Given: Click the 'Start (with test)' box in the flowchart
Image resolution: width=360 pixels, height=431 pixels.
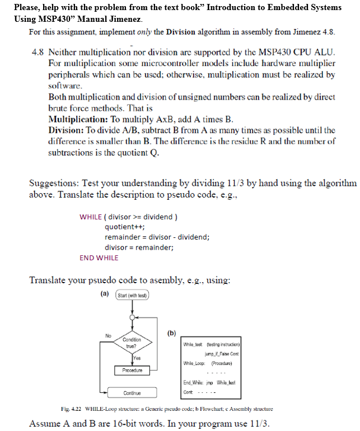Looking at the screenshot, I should (x=132, y=295).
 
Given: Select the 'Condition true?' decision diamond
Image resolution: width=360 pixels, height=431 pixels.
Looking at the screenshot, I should (x=132, y=342).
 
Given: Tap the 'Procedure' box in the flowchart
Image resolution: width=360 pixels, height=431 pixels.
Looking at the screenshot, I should (x=132, y=371).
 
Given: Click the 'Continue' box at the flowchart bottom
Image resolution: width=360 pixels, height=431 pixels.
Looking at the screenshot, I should (x=132, y=393).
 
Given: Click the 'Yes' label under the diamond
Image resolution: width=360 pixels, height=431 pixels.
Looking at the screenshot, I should (x=136, y=357).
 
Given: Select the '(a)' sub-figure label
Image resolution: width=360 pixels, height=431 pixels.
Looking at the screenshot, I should (x=104, y=293).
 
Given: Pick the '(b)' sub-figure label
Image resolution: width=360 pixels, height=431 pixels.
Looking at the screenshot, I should (x=172, y=334).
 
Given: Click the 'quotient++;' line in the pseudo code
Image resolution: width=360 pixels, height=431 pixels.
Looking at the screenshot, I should (x=125, y=227).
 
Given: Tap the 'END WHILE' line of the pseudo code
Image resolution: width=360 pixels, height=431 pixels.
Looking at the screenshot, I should (x=99, y=257).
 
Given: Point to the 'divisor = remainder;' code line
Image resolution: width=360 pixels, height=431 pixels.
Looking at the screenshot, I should (x=139, y=247).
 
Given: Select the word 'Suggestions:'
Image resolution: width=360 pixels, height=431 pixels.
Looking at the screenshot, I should (x=54, y=184).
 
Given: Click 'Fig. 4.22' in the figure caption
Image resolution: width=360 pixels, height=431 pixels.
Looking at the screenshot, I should (x=71, y=409).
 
